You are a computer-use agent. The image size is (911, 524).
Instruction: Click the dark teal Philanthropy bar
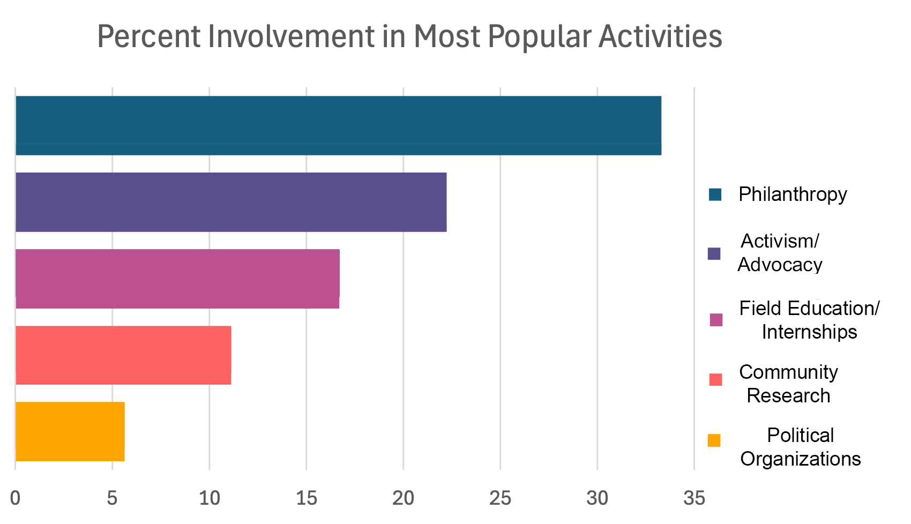pyautogui.click(x=338, y=126)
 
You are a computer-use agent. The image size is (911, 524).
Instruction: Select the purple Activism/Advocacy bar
pyautogui.click(x=230, y=203)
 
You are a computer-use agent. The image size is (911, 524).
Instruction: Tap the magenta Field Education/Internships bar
pyautogui.click(x=177, y=279)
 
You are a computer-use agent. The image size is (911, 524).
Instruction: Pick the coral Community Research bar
pyautogui.click(x=123, y=355)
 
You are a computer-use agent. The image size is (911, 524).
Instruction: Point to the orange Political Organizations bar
pyautogui.click(x=70, y=431)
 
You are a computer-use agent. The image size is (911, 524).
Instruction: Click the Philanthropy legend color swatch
pyautogui.click(x=715, y=194)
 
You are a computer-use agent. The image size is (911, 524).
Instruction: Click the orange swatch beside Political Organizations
pyautogui.click(x=714, y=440)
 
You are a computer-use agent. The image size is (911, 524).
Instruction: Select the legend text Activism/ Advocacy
pyautogui.click(x=780, y=253)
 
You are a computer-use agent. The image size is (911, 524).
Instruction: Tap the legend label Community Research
pyautogui.click(x=788, y=384)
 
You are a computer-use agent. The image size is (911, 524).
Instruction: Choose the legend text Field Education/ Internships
pyautogui.click(x=809, y=320)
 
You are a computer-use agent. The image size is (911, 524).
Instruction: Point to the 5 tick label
pyautogui.click(x=112, y=499)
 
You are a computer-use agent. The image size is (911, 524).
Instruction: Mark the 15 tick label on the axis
pyautogui.click(x=306, y=499)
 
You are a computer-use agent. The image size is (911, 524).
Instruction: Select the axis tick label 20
pyautogui.click(x=403, y=499)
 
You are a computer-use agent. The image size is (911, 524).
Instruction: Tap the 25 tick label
pyautogui.click(x=500, y=499)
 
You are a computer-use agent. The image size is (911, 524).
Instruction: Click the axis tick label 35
pyautogui.click(x=694, y=499)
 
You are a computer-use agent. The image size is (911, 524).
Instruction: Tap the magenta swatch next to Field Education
pyautogui.click(x=716, y=320)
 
